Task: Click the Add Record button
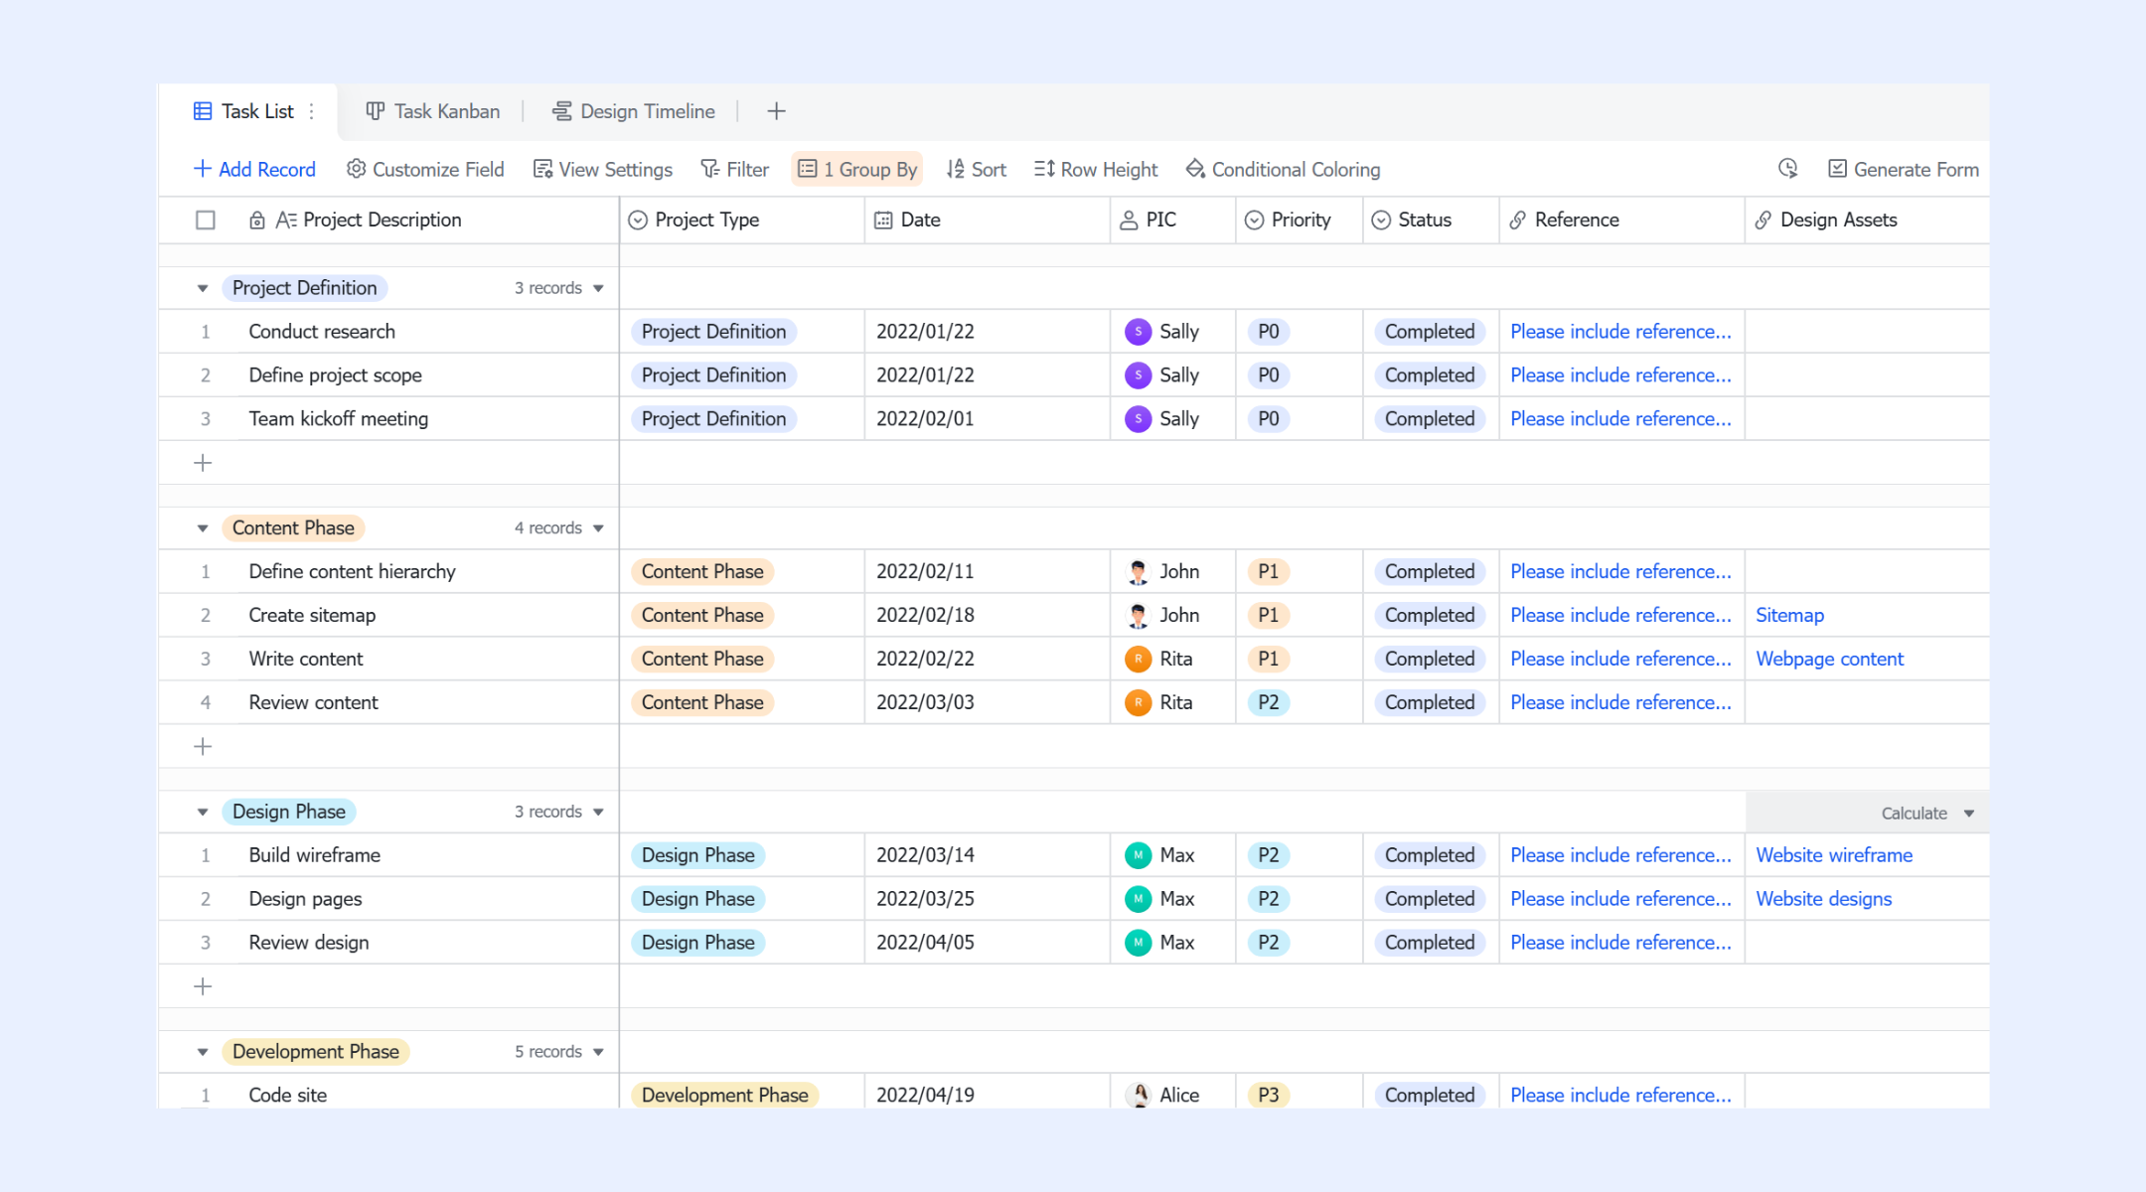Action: [x=254, y=169]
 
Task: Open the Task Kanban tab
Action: [x=433, y=111]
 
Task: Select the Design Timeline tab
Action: [x=634, y=111]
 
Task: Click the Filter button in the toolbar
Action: [x=735, y=169]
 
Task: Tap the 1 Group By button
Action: [x=857, y=169]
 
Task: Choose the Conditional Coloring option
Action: [x=1283, y=169]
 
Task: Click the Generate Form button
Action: [x=1904, y=169]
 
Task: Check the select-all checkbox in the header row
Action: [x=206, y=220]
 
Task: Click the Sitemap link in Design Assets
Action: [x=1789, y=615]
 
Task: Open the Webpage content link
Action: [x=1829, y=659]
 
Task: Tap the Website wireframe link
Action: [x=1834, y=855]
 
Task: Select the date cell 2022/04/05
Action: [x=925, y=943]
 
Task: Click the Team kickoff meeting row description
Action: [x=338, y=419]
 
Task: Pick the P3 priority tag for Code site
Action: [x=1268, y=1095]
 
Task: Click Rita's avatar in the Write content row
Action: [x=1138, y=659]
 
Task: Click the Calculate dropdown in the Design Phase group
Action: [x=1926, y=814]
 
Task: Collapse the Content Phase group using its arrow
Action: [x=203, y=528]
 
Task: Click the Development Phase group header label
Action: [x=316, y=1052]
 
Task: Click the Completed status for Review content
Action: [x=1430, y=702]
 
